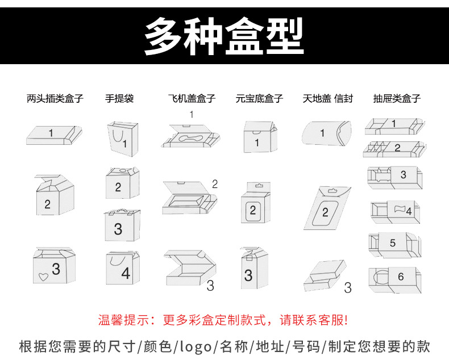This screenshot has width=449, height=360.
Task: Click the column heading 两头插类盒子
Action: pos(55,98)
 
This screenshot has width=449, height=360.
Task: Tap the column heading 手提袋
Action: pos(119,98)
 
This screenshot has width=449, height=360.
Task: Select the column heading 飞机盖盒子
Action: pos(192,98)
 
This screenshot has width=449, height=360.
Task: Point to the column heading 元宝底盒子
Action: pos(259,98)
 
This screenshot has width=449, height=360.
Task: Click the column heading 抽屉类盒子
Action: pos(397,98)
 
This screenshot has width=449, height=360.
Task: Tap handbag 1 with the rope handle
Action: pos(122,139)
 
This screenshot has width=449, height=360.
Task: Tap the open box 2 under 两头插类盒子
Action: pos(53,196)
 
